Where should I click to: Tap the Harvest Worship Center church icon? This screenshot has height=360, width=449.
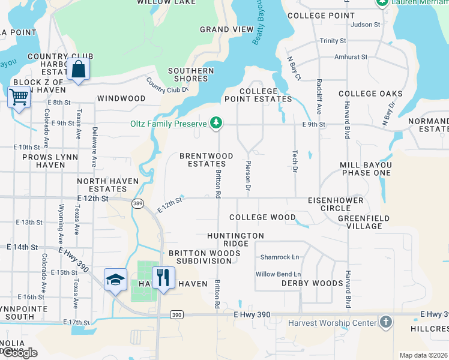click(x=386, y=323)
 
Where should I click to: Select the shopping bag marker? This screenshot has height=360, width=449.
click(x=79, y=70)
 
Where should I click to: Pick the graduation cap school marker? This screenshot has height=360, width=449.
click(x=115, y=280)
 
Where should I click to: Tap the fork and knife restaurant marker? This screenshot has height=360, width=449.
click(x=163, y=278)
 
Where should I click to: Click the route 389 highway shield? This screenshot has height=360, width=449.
click(x=137, y=203)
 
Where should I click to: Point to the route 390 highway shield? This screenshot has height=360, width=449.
click(x=176, y=314)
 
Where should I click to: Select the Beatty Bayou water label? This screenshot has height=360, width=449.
click(x=260, y=28)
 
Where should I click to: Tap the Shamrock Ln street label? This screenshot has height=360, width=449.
click(x=279, y=257)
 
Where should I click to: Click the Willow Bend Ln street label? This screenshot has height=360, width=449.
click(x=278, y=274)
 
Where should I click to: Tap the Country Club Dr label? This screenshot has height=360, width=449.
click(x=167, y=85)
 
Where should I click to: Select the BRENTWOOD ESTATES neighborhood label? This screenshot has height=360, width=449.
click(x=206, y=160)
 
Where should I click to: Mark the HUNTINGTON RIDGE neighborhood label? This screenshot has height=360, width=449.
click(x=235, y=240)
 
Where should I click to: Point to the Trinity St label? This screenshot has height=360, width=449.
click(x=333, y=41)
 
